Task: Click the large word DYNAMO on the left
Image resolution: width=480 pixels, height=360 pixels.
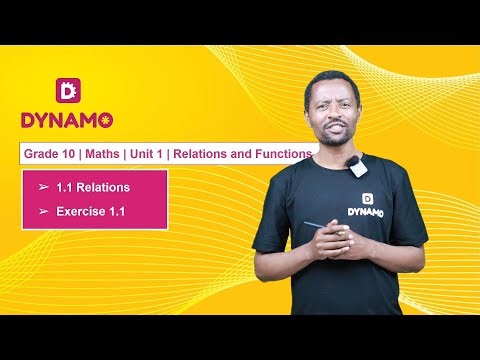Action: (67, 120)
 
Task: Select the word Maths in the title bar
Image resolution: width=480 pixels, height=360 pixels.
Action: (106, 154)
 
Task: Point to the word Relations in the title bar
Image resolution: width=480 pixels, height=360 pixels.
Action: (212, 154)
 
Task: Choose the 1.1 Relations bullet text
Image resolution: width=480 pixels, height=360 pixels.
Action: (93, 187)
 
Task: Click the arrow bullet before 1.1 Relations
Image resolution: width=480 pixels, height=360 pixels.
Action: (43, 187)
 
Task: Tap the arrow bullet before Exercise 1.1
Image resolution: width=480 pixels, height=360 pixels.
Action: (43, 211)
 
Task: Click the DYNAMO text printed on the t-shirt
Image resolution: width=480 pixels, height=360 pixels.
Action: (367, 211)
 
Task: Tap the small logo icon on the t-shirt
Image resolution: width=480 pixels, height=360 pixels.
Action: (367, 197)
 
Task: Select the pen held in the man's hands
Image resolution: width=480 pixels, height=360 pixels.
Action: (318, 226)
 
